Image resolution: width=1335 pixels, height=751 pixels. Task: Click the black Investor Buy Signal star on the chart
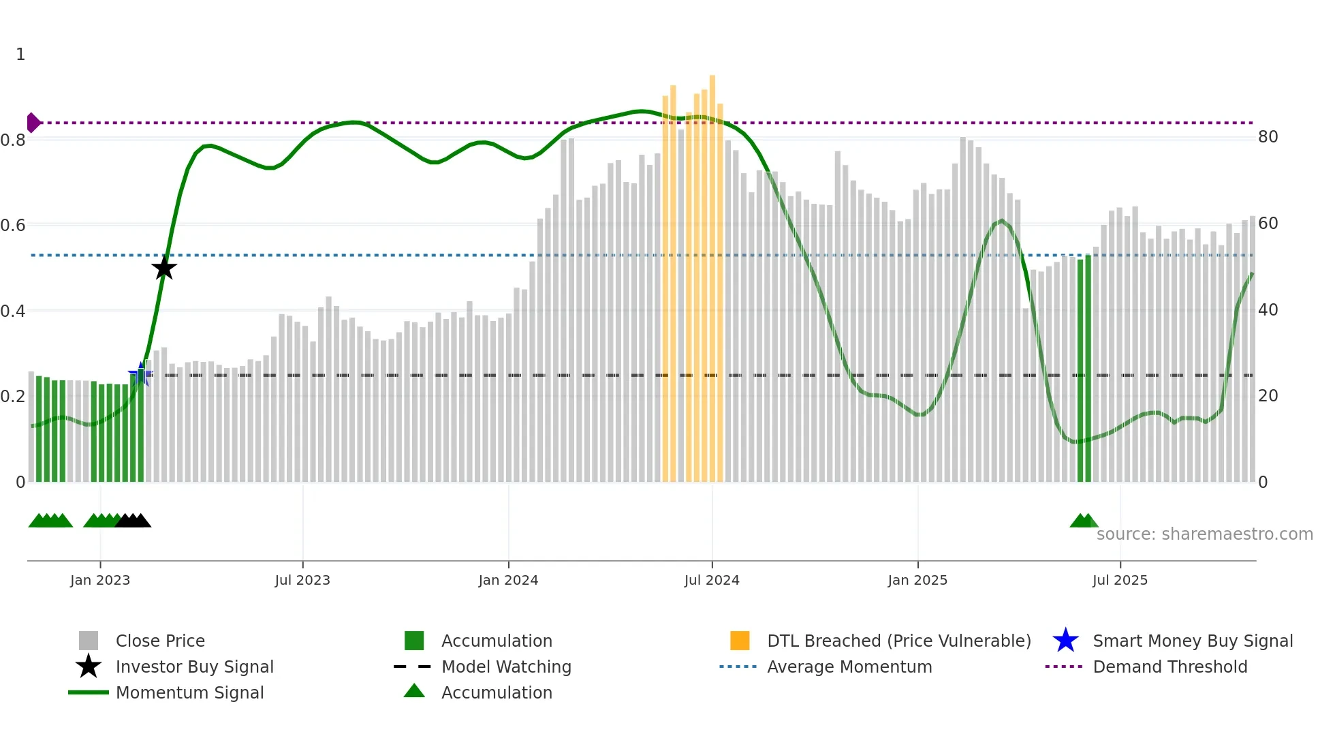163,268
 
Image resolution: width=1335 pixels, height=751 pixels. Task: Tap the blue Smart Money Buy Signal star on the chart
141,374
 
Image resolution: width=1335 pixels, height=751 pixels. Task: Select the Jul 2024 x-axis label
712,580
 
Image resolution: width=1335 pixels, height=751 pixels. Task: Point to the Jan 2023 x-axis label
100,580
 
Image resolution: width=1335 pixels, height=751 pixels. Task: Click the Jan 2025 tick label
917,580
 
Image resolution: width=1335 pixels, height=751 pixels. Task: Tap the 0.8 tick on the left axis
13,140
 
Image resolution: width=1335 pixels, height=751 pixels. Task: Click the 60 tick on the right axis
1268,224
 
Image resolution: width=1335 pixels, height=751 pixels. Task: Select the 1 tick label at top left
20,55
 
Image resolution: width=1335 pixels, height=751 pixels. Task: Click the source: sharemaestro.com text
1204,534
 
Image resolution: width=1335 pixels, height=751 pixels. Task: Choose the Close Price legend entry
160,641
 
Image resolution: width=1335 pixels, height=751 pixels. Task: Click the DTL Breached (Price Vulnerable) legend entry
898,641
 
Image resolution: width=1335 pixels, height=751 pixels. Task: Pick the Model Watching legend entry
506,666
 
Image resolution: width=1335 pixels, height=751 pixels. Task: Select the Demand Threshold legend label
1169,666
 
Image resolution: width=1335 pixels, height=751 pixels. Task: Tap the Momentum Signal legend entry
189,692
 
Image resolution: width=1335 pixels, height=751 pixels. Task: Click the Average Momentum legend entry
849,666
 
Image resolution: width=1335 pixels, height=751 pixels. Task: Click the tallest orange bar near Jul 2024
712,273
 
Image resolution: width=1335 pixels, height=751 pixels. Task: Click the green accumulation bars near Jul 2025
1084,368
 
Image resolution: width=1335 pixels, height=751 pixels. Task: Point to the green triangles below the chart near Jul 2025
1084,521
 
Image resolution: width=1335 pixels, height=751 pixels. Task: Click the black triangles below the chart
133,521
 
